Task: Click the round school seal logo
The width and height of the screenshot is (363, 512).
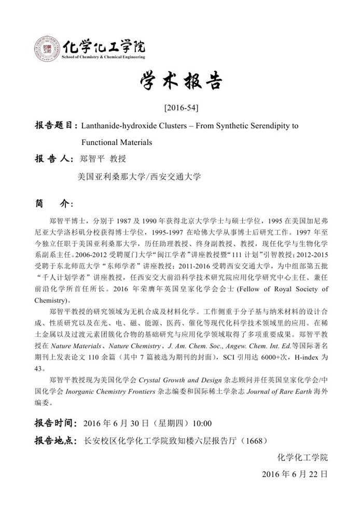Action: point(47,49)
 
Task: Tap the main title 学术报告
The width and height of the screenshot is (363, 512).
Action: point(181,82)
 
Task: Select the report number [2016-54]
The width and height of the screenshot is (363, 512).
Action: point(181,108)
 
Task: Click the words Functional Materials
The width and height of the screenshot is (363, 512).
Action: point(116,142)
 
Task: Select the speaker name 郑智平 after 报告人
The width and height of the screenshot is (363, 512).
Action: point(93,158)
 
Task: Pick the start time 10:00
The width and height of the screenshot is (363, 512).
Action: point(202,423)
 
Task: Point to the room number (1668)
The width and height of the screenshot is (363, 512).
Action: point(255,441)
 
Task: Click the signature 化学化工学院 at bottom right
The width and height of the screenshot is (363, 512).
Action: point(303,457)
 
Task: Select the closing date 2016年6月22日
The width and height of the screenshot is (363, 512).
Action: point(295,474)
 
